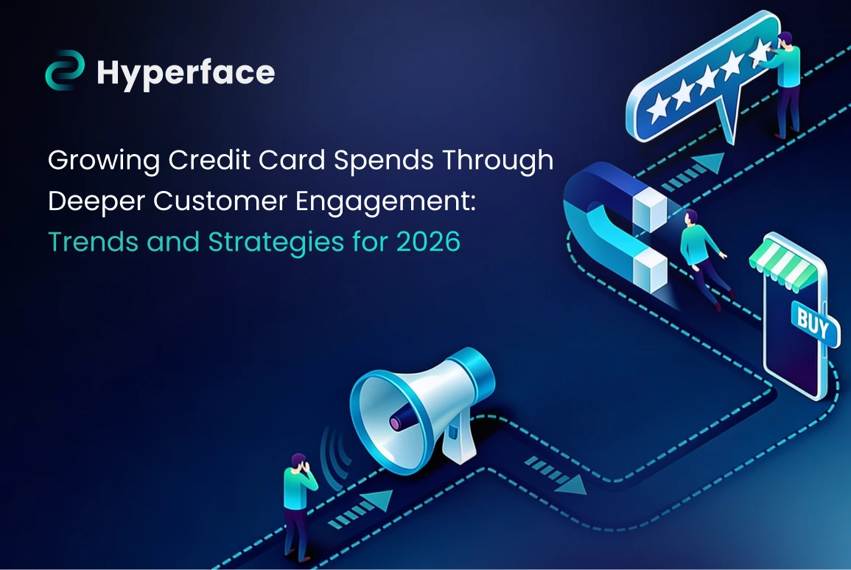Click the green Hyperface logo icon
65,70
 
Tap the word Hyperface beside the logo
186,73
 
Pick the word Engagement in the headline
385,202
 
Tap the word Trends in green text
93,242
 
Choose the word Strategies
276,243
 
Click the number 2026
428,242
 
